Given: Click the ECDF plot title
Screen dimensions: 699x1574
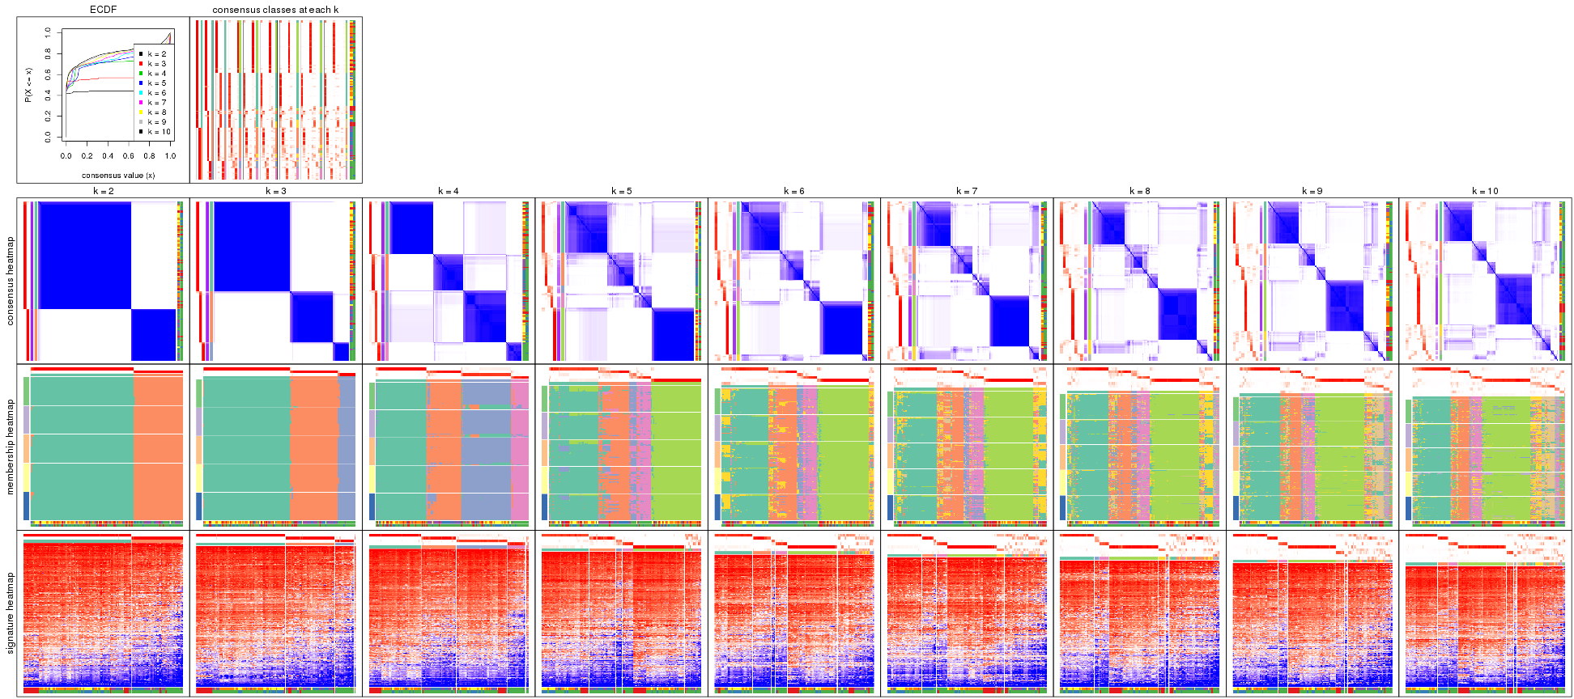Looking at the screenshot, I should [x=103, y=10].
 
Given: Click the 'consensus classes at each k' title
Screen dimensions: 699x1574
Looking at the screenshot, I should [x=275, y=10].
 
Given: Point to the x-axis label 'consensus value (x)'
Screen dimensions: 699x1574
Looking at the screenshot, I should [x=118, y=175].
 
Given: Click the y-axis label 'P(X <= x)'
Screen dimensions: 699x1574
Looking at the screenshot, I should [x=28, y=85].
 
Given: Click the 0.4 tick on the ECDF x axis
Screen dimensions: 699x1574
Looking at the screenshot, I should [x=108, y=156].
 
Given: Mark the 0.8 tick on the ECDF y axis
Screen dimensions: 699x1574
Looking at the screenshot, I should [x=49, y=53].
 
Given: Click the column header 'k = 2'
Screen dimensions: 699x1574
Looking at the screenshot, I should [x=103, y=192].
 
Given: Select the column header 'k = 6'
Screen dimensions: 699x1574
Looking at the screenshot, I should [x=794, y=192].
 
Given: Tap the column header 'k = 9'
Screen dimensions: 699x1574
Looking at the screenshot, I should [x=1312, y=192].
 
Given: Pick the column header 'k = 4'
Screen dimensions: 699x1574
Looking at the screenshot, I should [x=449, y=192].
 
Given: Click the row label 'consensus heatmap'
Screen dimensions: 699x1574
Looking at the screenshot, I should [x=11, y=281].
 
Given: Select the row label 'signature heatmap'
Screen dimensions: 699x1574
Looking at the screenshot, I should [x=11, y=612].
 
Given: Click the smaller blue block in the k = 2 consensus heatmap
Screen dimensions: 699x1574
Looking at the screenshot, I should [x=154, y=334].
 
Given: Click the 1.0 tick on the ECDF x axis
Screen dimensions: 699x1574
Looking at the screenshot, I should [x=170, y=156].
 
